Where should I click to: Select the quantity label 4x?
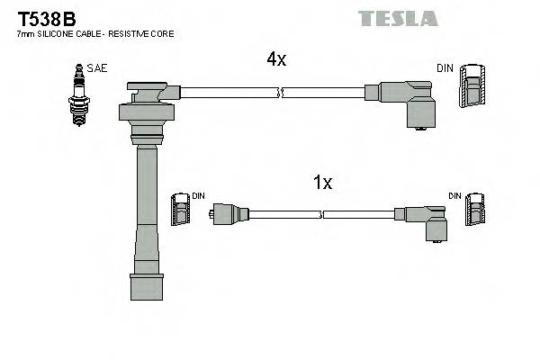(275, 59)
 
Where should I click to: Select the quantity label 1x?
(322, 183)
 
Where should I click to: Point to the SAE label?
(96, 68)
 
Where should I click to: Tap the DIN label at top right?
(445, 68)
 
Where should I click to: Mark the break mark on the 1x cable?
(323, 214)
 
